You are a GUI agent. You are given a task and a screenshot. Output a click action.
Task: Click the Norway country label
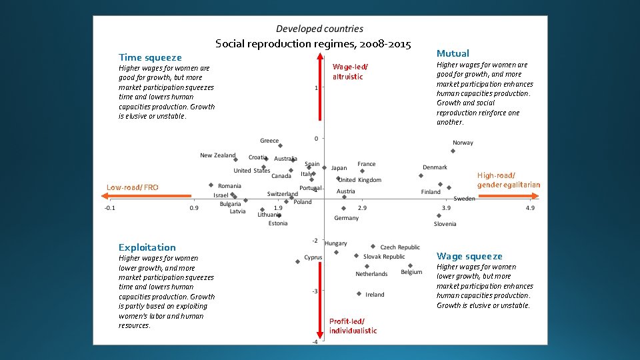tap(463, 143)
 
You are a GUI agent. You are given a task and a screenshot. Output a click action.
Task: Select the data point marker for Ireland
tap(359, 293)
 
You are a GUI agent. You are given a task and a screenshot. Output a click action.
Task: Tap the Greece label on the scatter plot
tap(269, 141)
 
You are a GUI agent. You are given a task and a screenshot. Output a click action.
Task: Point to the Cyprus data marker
tap(297, 262)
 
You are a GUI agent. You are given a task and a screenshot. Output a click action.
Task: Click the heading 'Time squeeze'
tap(150, 57)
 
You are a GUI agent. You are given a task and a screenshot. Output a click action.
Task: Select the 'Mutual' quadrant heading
tap(453, 53)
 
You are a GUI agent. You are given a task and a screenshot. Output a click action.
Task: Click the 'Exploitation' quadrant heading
tap(147, 247)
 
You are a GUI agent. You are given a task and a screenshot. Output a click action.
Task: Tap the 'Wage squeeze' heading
tap(469, 256)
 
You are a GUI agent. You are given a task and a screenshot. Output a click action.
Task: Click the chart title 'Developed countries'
tap(319, 29)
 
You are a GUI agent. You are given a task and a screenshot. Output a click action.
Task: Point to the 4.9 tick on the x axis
tap(530, 208)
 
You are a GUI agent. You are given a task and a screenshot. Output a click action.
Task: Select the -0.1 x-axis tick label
tap(109, 208)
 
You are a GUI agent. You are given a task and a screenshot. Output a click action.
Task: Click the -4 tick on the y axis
tap(315, 341)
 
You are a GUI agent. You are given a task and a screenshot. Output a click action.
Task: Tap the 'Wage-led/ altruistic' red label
tap(349, 71)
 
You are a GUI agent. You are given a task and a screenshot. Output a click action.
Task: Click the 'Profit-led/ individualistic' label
tap(353, 326)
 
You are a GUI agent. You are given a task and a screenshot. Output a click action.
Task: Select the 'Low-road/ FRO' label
tap(133, 187)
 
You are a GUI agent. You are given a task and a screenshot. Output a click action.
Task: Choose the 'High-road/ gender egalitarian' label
tap(508, 180)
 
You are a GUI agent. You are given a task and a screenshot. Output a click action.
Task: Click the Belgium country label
tap(411, 272)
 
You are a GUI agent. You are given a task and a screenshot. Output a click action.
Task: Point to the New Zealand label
tap(217, 155)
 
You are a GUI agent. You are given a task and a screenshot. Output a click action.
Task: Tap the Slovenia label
tap(445, 224)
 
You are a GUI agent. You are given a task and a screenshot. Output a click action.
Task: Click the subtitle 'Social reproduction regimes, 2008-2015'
tap(313, 44)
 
